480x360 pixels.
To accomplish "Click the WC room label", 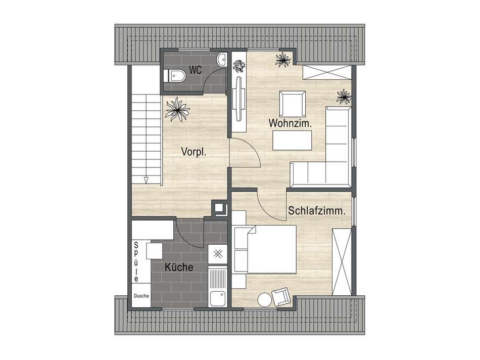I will [196, 70].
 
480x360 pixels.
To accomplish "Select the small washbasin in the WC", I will [221, 60].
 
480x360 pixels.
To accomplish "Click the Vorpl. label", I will [195, 151].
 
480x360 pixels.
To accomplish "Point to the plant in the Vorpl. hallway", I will [177, 109].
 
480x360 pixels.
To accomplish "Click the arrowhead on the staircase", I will [146, 179].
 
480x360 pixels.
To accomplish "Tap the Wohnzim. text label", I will [290, 123].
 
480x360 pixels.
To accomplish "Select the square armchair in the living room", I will [293, 103].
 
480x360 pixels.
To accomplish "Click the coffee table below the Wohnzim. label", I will [292, 141].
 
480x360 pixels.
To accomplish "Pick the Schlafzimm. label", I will [317, 211].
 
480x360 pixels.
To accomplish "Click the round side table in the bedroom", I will [264, 300].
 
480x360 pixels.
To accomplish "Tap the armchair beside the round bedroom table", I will [281, 296].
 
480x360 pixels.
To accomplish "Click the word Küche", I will [179, 267].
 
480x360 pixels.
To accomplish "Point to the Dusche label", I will [141, 296].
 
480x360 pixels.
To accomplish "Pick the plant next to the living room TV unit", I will [238, 66].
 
